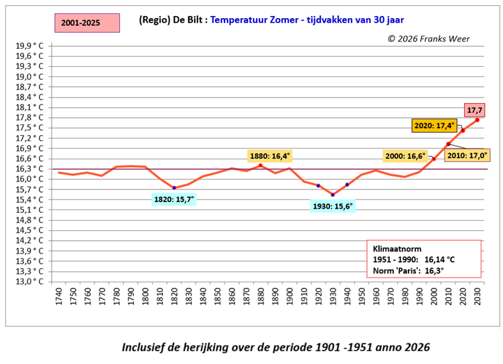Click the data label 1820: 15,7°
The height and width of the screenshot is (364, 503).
[173, 199]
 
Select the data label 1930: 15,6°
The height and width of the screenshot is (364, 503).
[333, 206]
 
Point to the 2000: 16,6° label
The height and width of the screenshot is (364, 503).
[405, 155]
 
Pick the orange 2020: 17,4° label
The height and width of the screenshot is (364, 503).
[435, 125]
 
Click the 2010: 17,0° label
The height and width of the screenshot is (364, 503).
[468, 155]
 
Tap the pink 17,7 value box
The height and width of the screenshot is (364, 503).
[475, 109]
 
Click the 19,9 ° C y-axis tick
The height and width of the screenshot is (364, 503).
[30, 45]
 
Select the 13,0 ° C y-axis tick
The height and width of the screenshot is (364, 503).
[30, 281]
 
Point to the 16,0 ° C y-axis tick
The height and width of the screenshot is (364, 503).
[30, 179]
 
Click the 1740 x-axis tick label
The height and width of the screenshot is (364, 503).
[59, 297]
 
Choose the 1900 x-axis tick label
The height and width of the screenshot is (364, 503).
[289, 297]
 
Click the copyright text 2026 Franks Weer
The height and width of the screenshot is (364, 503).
[428, 38]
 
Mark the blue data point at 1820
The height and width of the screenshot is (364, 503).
[174, 188]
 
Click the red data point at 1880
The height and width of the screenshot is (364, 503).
[261, 165]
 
